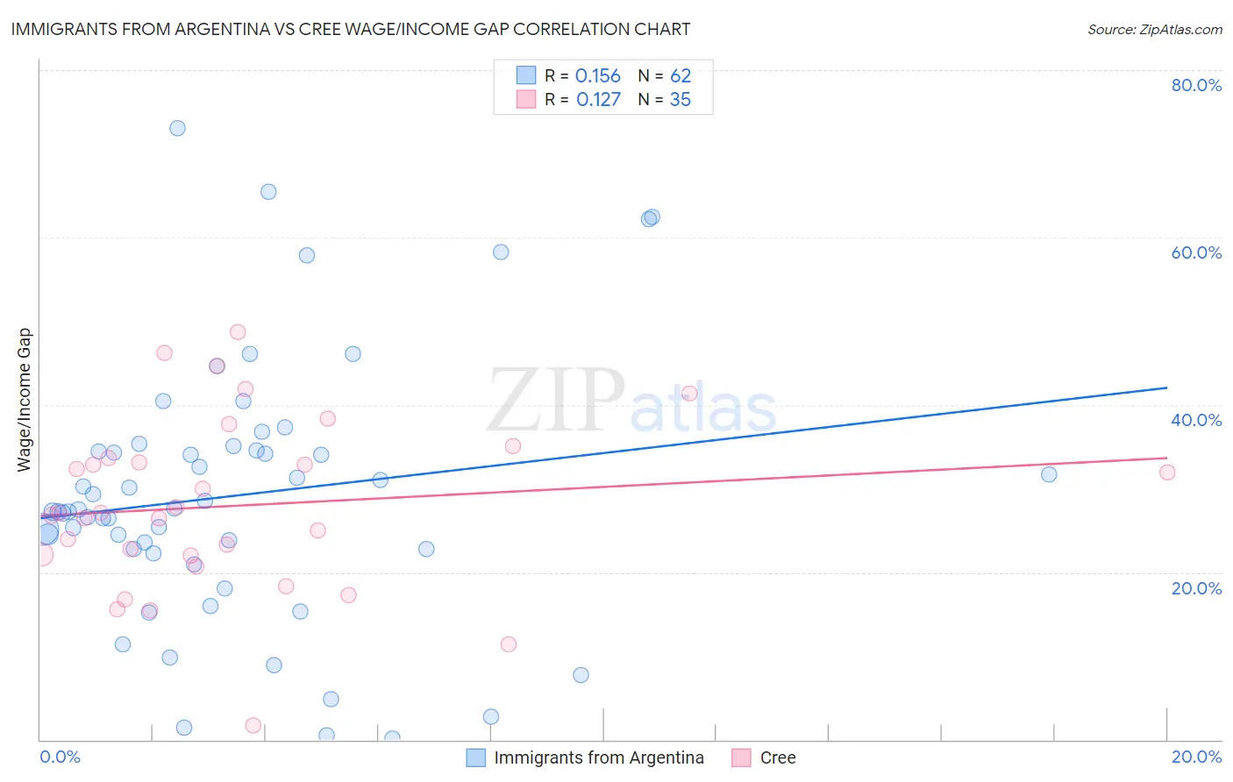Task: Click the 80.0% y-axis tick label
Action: (1196, 85)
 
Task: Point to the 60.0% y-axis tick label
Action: (1196, 252)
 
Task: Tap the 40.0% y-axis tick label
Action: (1196, 420)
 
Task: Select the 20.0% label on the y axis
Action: (1196, 588)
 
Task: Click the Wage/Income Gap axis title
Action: (25, 400)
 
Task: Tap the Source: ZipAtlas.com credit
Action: (1154, 29)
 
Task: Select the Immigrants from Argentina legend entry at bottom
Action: (586, 757)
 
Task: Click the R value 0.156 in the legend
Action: (597, 76)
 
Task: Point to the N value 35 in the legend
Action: (680, 100)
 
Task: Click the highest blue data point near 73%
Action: (177, 128)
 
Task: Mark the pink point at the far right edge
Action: (1166, 473)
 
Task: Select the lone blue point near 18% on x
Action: (1049, 474)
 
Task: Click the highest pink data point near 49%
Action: (238, 332)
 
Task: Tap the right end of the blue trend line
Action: (1166, 387)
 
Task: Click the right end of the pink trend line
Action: (1166, 458)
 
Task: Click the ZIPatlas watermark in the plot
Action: (631, 402)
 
